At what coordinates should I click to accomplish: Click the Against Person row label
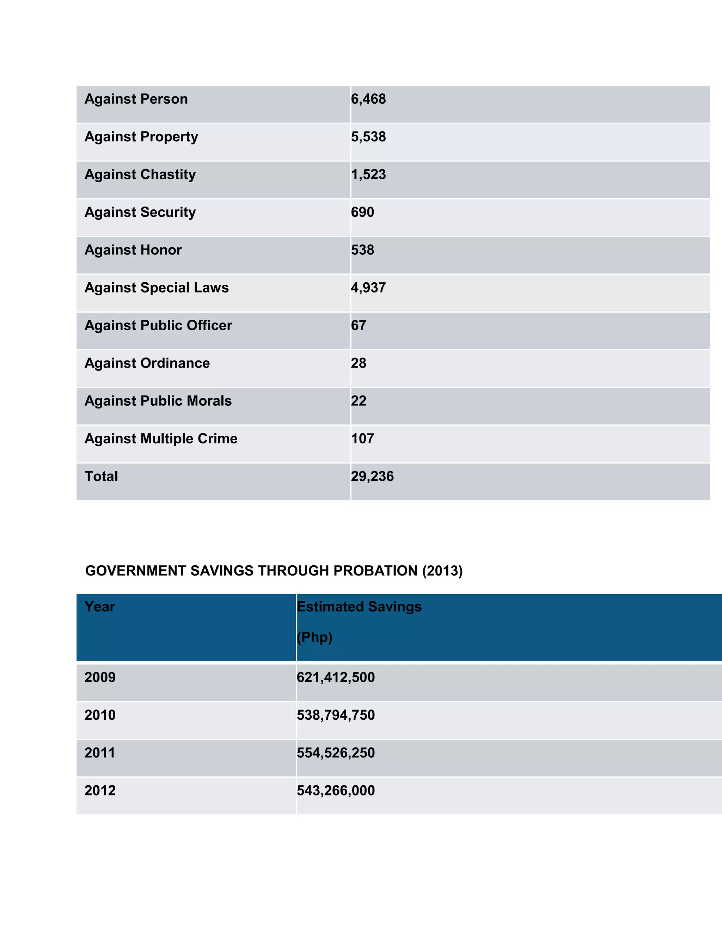[x=136, y=99]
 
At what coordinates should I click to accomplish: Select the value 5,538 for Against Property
[x=368, y=137]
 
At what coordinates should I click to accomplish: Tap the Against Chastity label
[x=140, y=174]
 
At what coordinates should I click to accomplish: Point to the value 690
[x=362, y=212]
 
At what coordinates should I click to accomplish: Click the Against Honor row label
[x=133, y=250]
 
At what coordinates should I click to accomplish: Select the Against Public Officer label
[x=158, y=325]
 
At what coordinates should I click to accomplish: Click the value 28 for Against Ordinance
[x=359, y=363]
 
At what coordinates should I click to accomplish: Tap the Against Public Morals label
[x=158, y=401]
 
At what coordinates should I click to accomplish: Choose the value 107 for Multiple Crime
[x=362, y=438]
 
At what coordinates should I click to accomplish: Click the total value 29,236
[x=372, y=477]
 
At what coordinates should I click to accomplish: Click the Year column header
[x=100, y=607]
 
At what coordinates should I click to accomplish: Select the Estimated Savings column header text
[x=359, y=607]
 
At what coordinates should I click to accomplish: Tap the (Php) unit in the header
[x=314, y=637]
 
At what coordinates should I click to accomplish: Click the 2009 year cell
[x=100, y=677]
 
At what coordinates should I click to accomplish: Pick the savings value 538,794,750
[x=335, y=715]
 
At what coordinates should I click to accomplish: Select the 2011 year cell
[x=100, y=753]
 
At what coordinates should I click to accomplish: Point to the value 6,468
[x=368, y=99]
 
